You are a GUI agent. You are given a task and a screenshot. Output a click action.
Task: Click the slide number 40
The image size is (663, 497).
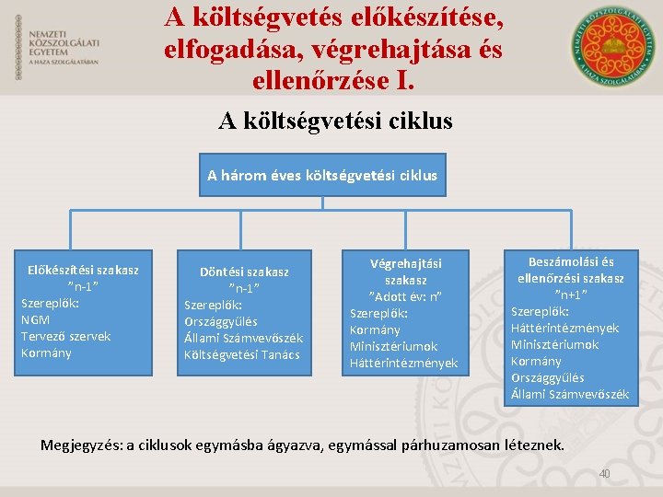coord(605,473)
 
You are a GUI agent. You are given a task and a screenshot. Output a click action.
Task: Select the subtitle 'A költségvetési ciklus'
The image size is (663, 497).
coord(335,121)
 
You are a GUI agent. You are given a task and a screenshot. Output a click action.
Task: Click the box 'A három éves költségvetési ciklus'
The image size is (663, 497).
coord(322,175)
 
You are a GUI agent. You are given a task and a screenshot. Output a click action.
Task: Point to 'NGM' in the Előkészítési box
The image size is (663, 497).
coord(35,319)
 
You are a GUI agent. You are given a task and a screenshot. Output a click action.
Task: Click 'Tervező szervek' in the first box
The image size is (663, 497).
coord(65,336)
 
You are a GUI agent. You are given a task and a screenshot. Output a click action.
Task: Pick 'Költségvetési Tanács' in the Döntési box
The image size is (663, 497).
coord(242,354)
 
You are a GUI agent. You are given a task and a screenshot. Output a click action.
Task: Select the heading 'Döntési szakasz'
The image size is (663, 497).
coord(244,272)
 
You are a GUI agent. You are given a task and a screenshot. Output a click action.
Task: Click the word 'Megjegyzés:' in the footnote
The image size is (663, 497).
coord(81,445)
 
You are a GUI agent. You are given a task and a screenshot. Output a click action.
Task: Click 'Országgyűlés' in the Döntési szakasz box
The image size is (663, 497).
coord(221,321)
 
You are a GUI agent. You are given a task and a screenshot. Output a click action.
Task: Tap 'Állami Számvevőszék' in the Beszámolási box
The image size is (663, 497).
coord(570,394)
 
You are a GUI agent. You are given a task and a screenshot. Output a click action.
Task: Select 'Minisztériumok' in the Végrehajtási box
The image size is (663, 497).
coord(393,346)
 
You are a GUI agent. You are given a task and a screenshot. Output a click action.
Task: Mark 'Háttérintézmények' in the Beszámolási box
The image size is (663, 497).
coord(564,328)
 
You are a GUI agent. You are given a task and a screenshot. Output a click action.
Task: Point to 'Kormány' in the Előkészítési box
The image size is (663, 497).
coord(45,353)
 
